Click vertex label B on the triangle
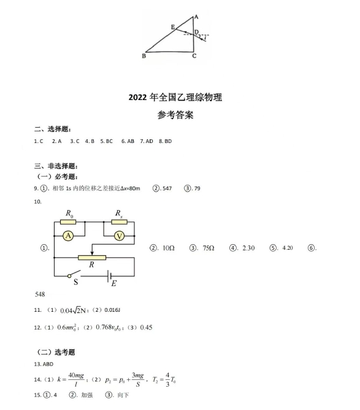click(x=144, y=56)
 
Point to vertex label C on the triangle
click(x=194, y=56)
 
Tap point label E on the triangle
click(x=173, y=28)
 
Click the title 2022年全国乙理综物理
click(x=175, y=97)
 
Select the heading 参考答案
click(x=175, y=115)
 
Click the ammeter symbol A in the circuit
click(x=69, y=235)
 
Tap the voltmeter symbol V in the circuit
click(x=120, y=235)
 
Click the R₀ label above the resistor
click(x=69, y=214)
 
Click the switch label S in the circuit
click(x=76, y=282)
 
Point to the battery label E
click(x=113, y=283)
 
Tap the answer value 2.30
click(x=248, y=248)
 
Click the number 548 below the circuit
click(x=40, y=294)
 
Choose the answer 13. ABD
click(x=44, y=363)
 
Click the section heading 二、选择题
click(x=53, y=130)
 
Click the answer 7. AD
click(x=146, y=141)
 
